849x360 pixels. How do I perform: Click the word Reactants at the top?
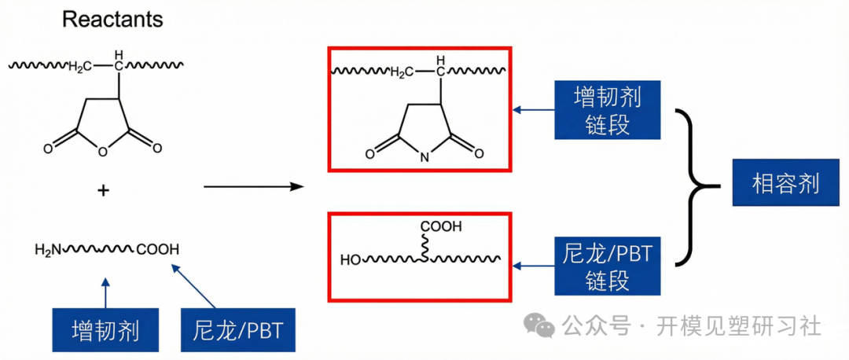tap(112, 20)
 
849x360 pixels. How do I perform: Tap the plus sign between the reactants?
tap(103, 190)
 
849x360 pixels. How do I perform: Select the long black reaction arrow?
tap(252, 187)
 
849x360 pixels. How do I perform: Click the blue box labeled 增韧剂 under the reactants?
tap(105, 329)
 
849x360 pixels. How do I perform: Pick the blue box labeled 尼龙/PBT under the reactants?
tap(237, 329)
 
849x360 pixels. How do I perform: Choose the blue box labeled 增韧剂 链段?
tap(608, 110)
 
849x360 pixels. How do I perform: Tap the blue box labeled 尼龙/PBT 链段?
tap(608, 265)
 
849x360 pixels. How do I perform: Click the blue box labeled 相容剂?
tap(785, 182)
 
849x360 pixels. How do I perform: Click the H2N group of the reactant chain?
tap(48, 250)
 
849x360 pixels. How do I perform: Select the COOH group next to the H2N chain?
tap(157, 250)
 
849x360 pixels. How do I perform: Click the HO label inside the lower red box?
tap(350, 260)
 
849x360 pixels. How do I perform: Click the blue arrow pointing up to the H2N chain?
tap(105, 293)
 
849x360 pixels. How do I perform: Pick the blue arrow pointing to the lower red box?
tap(534, 265)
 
